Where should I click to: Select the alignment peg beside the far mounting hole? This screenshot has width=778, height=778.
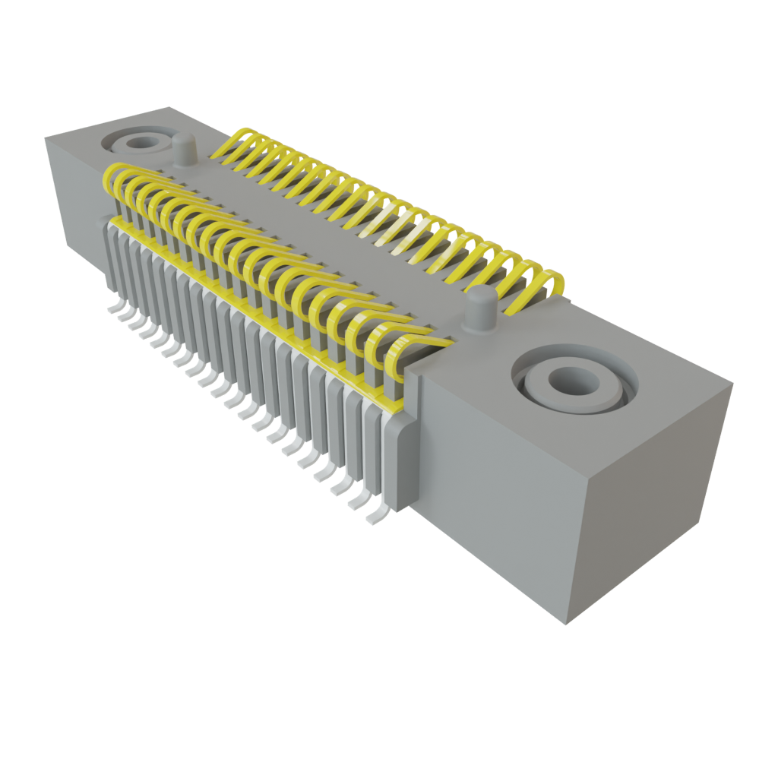click(181, 147)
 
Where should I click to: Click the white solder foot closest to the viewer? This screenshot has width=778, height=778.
click(374, 519)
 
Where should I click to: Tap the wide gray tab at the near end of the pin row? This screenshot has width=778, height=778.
click(401, 463)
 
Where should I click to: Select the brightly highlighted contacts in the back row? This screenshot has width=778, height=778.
click(403, 228)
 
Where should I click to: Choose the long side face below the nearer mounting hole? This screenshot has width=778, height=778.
click(494, 486)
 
